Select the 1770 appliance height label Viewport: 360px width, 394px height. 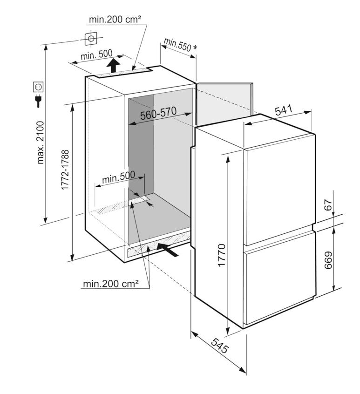222,255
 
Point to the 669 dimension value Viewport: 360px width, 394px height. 328,260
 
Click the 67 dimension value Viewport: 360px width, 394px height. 328,205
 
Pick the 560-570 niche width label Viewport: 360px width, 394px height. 158,113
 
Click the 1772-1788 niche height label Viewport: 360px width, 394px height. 65,170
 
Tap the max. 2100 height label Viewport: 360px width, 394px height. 40,143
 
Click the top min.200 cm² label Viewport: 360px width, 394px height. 115,20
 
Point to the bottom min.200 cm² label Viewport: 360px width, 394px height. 111,284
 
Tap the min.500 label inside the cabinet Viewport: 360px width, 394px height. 119,177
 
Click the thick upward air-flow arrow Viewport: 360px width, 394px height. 113,65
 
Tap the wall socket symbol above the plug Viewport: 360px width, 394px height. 39,87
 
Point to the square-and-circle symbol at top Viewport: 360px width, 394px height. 91,39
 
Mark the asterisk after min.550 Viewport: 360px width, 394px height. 195,48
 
